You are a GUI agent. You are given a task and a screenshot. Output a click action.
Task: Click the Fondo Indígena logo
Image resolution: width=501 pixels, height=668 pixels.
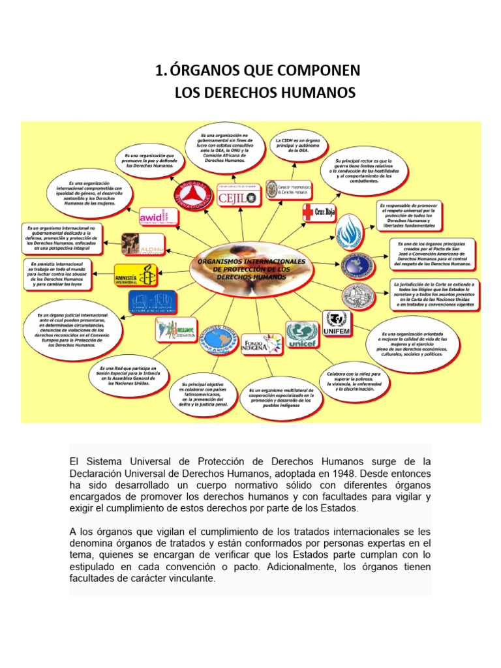point(262,342)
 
